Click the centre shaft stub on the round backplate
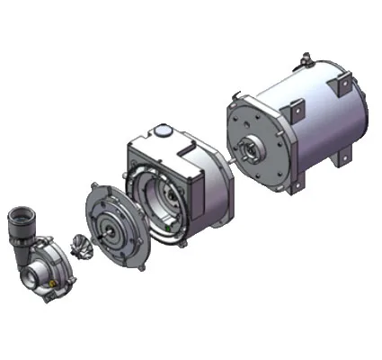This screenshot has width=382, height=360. point(111,230)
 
